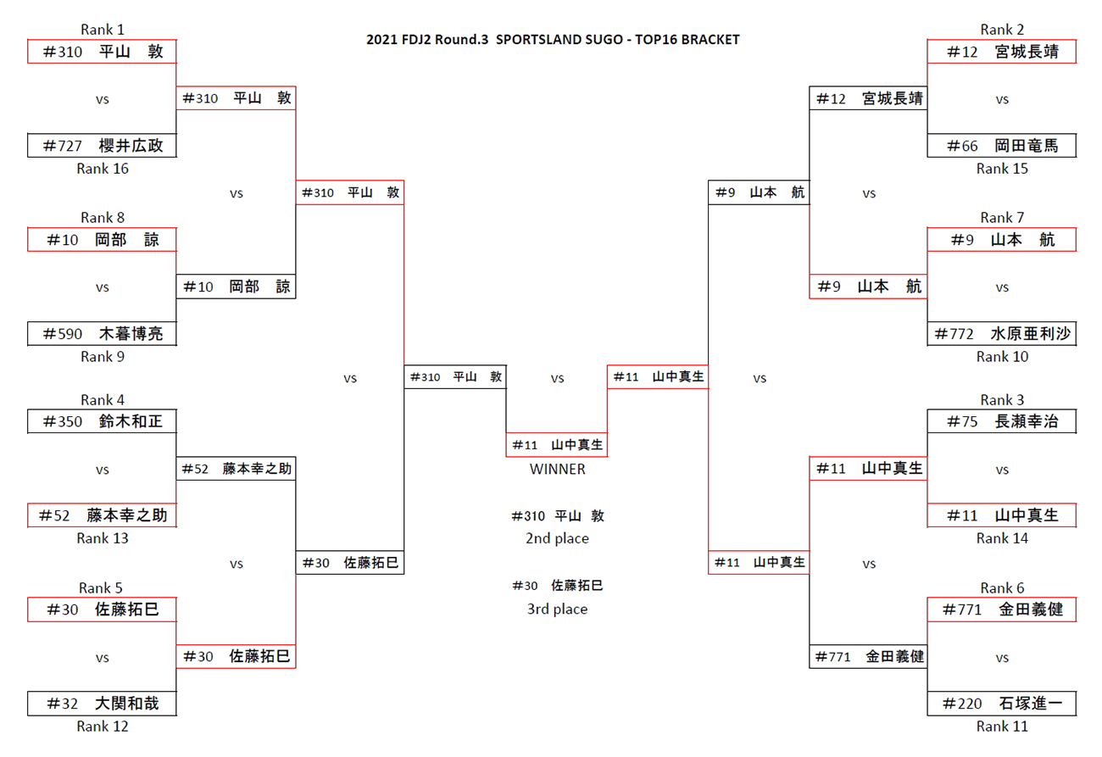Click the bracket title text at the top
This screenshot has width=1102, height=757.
click(553, 40)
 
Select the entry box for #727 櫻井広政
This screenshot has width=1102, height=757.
click(103, 146)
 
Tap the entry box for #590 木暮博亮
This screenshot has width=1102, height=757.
click(103, 334)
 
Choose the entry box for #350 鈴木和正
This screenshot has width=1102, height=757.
click(103, 421)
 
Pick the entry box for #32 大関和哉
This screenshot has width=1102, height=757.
click(103, 704)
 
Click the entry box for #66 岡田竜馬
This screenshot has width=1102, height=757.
click(1002, 146)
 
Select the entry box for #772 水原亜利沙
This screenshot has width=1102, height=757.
click(1002, 334)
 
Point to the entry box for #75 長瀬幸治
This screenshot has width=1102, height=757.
click(1002, 421)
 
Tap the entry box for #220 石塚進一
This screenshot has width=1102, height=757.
click(1002, 704)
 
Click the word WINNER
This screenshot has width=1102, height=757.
click(557, 469)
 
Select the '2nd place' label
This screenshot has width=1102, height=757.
click(557, 538)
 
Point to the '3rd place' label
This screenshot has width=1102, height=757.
click(557, 609)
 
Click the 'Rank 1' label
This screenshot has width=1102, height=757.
click(103, 30)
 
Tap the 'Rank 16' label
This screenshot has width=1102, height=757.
click(103, 169)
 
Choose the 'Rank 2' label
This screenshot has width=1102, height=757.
click(1002, 30)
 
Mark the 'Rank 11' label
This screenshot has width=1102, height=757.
click(1002, 726)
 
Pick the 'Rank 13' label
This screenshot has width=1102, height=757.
click(103, 538)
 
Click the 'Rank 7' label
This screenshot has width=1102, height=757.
click(1002, 218)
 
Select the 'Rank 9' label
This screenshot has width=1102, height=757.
click(103, 357)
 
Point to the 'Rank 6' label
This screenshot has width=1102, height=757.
click(1002, 588)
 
